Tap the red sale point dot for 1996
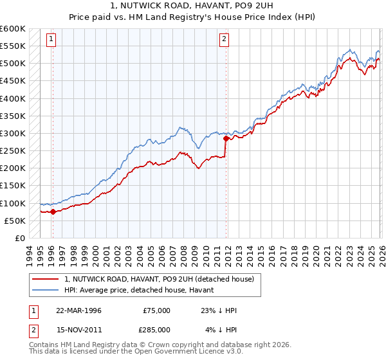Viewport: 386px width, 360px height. pos(53,212)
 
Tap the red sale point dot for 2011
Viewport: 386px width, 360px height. pos(226,138)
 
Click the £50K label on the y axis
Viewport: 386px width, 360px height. pos(15,221)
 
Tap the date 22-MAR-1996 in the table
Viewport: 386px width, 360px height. pos(78,310)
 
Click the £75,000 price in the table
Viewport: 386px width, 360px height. pos(157,310)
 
